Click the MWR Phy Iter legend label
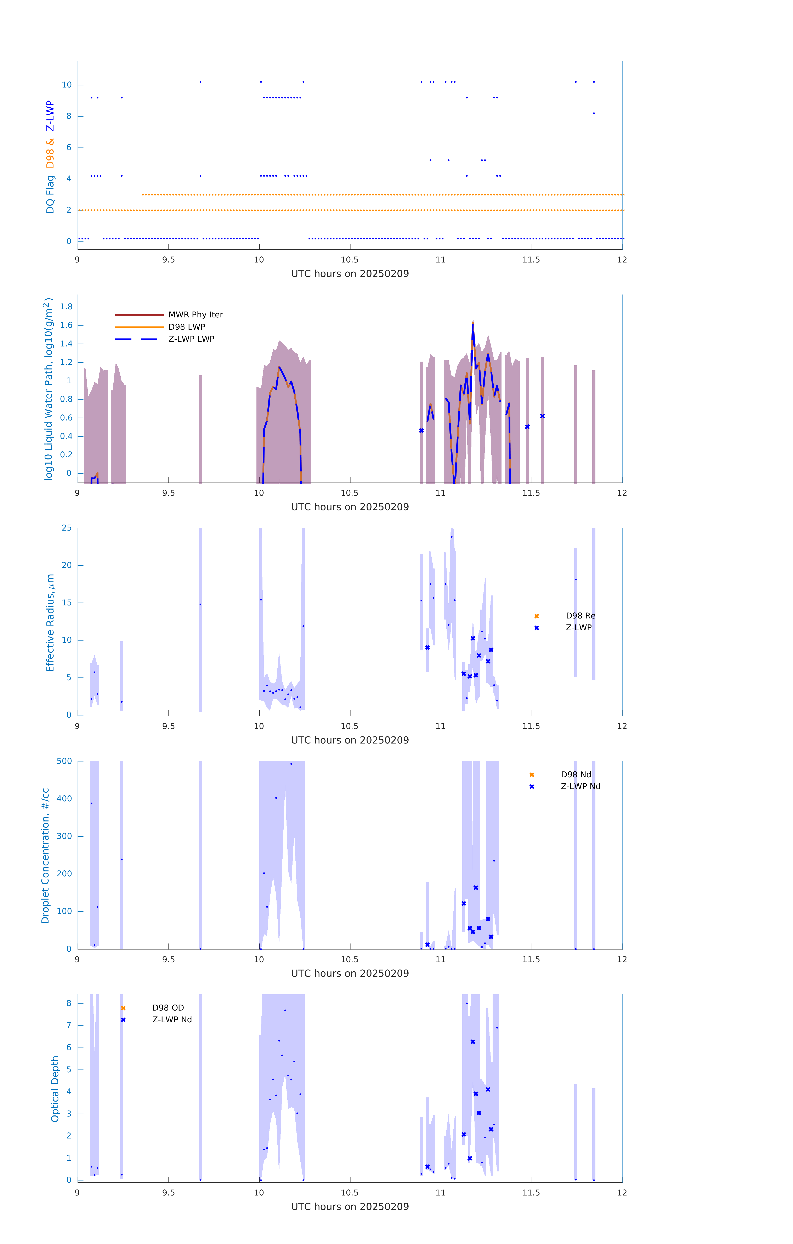point(195,315)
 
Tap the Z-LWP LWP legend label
point(191,339)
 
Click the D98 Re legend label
point(580,616)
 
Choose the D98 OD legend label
point(168,1007)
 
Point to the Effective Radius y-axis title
point(50,622)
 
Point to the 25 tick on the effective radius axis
point(67,528)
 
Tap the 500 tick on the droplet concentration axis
point(64,761)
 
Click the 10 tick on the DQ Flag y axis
point(67,85)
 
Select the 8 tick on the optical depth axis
point(69,1003)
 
